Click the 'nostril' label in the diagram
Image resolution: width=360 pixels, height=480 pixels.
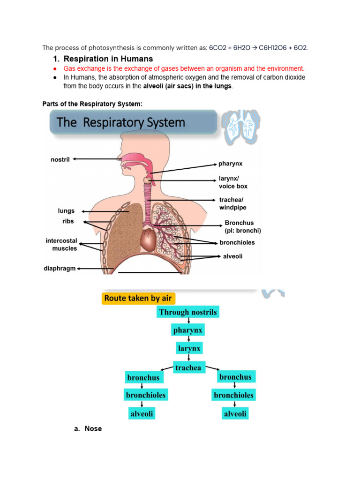[x=60, y=160]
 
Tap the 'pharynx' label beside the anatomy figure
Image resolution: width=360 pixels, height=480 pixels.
[x=230, y=164]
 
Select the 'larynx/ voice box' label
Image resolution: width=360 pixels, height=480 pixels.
[x=233, y=182]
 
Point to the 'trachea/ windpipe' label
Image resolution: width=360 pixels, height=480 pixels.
[x=232, y=203]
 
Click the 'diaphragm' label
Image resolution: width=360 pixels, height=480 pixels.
[x=59, y=269]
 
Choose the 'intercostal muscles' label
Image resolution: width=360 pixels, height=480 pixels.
[x=61, y=245]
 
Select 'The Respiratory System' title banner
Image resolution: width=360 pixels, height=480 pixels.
[x=133, y=123]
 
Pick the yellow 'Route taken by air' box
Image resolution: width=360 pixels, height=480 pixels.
[x=138, y=299]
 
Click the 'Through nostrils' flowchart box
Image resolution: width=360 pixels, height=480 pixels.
[x=188, y=312]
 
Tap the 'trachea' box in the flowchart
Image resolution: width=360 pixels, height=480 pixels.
[x=188, y=368]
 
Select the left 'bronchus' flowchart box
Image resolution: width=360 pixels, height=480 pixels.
[x=143, y=377]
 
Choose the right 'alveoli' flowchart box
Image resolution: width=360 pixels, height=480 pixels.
[x=235, y=413]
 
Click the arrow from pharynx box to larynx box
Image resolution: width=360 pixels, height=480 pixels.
[x=188, y=339]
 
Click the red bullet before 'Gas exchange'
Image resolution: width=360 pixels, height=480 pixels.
[x=55, y=68]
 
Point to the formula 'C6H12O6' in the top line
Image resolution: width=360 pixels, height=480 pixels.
[x=271, y=47]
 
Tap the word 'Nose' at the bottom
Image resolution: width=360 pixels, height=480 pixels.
[x=93, y=429]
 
